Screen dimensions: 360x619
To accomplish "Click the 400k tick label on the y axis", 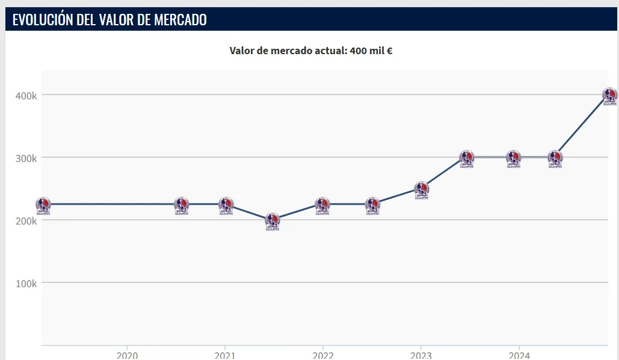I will [26, 95].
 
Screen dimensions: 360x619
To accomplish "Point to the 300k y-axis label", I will [26, 158].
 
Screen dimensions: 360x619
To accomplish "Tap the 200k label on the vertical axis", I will [26, 220].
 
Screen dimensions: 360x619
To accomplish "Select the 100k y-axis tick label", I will [26, 283].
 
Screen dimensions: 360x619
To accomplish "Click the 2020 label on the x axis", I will [126, 355].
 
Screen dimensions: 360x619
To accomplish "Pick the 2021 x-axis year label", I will [224, 355].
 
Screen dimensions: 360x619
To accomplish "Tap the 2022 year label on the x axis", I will [323, 355].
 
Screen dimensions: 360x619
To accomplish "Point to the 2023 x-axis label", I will [421, 355].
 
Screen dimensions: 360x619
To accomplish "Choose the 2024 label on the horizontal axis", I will [519, 355].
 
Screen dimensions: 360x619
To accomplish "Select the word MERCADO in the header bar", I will [180, 20].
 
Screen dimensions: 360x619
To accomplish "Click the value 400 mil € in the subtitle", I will [371, 51].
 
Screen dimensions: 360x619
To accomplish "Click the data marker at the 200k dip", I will [273, 220].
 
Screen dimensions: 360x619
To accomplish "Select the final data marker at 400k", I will [610, 95].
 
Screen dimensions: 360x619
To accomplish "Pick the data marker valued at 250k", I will [422, 189].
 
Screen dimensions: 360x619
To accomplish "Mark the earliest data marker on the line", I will [43, 205].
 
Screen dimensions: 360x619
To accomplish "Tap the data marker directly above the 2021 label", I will [226, 205].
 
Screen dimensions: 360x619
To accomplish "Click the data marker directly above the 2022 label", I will [322, 205].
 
